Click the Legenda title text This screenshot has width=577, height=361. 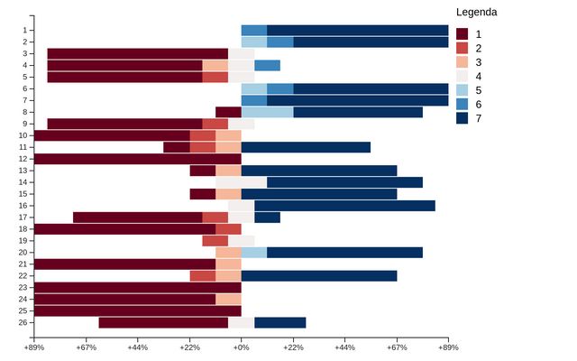(476, 13)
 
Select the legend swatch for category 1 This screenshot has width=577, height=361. (463, 33)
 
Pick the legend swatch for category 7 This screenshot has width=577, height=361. (463, 118)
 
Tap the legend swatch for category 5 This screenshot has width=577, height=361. (463, 90)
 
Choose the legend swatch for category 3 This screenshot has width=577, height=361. (463, 61)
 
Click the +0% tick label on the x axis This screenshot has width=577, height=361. (242, 347)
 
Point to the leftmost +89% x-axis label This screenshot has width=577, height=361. (34, 347)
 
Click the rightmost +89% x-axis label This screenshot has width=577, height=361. (449, 347)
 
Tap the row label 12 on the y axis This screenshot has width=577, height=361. (24, 159)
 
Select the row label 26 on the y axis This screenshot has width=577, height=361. (24, 323)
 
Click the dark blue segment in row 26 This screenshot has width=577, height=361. (280, 323)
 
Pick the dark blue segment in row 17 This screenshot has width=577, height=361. (267, 218)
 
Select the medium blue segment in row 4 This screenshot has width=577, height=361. (267, 65)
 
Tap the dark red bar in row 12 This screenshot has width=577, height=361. (138, 159)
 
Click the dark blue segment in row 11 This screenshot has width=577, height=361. (306, 147)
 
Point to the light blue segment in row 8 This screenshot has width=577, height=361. (267, 112)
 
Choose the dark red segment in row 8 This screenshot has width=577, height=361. (228, 112)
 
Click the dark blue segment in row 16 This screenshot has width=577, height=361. (344, 206)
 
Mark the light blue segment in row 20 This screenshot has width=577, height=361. (254, 253)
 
